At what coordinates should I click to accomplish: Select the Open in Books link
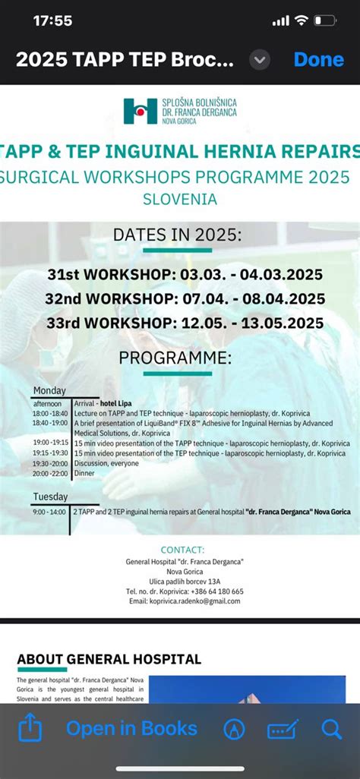pos(131,729)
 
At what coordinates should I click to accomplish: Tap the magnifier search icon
pos(332,729)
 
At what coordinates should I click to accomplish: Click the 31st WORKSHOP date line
pos(185,274)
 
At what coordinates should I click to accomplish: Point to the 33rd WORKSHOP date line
pos(185,323)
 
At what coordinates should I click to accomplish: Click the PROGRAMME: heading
pos(175,358)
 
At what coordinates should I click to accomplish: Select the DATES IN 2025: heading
pos(177,235)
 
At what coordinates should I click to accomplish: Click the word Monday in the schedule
pos(49,391)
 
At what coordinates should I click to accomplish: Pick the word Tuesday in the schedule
pos(50,497)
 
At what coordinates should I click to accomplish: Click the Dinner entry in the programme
pos(84,473)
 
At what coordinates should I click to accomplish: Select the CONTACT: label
pos(182,550)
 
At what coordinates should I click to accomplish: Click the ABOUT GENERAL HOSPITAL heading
pos(109,659)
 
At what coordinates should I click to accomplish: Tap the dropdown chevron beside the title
pos(260,59)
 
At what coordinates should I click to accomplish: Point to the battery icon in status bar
pos(325,20)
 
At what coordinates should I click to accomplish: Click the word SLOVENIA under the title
pos(179,200)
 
